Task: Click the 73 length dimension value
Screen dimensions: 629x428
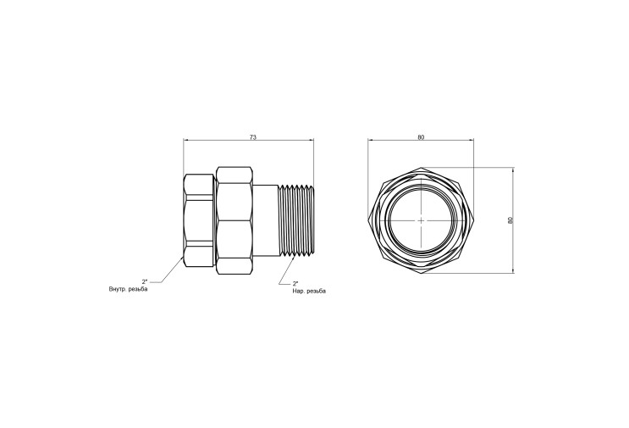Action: [x=253, y=137]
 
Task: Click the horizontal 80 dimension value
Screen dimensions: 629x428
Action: [x=421, y=137]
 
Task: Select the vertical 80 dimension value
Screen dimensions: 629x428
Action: [x=510, y=220]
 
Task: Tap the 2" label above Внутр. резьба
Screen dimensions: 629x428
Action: [x=145, y=282]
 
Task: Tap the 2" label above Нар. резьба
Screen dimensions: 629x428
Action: [x=295, y=283]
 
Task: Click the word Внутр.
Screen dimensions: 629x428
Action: [x=117, y=290]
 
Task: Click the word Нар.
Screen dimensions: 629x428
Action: [x=298, y=291]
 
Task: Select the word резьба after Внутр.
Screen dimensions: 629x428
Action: [x=138, y=290]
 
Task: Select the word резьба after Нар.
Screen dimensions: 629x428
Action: [x=316, y=292]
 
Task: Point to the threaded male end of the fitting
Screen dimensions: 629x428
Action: [x=296, y=220]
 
